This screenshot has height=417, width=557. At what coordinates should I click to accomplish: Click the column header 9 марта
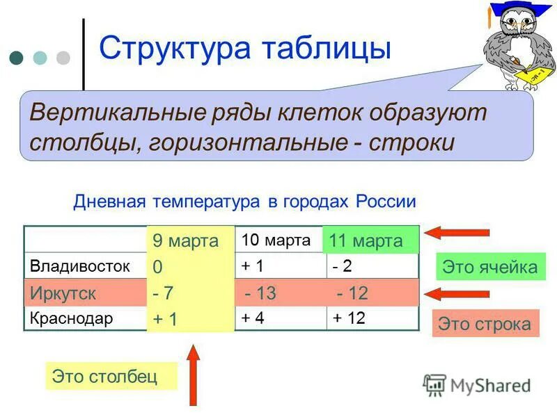185,241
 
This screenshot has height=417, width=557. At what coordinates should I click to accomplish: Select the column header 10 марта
276,240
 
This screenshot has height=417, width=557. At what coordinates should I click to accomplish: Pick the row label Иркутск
63,293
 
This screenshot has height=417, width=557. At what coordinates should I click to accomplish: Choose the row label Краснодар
71,318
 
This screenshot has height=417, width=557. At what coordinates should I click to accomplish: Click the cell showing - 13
260,293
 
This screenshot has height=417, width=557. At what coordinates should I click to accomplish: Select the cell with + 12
350,318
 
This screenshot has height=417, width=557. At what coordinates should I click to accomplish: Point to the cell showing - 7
164,293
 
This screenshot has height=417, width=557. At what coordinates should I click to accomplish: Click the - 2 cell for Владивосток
343,265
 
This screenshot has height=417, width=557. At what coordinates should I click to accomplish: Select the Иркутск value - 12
352,293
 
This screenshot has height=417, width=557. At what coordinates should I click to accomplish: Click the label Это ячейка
491,267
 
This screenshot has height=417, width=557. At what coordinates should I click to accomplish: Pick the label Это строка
485,324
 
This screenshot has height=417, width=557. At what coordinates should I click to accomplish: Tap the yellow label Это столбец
104,377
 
